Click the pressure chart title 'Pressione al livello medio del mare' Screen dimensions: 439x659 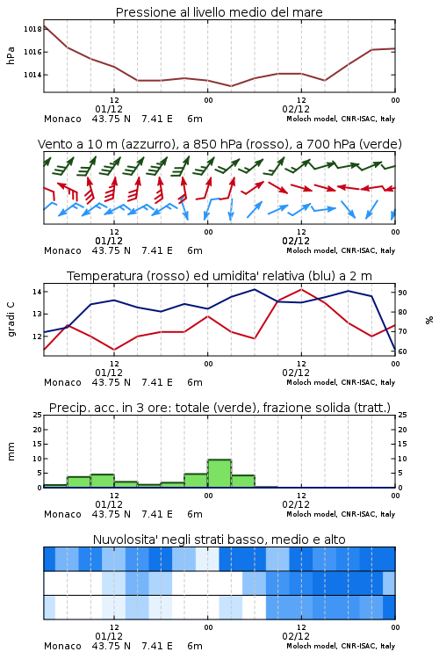(219, 12)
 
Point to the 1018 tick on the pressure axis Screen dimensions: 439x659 (32, 29)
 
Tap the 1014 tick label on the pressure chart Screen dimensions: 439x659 (32, 75)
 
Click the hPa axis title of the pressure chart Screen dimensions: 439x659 (11, 55)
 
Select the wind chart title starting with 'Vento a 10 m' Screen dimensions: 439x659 (219, 144)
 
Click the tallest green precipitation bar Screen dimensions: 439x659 (219, 474)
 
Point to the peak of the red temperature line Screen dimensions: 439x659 (301, 289)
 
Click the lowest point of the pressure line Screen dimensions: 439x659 (231, 86)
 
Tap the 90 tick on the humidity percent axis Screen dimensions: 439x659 (402, 293)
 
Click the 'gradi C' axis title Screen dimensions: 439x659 (11, 319)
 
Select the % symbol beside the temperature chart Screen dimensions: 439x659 (429, 320)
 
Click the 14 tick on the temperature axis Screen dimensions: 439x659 (37, 292)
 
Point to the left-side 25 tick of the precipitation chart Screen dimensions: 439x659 (38, 415)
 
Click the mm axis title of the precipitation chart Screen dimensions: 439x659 (11, 452)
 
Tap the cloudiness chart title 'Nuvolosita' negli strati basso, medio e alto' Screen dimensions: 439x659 (219, 540)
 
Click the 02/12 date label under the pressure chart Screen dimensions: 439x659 (296, 109)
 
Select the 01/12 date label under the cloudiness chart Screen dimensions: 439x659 (109, 636)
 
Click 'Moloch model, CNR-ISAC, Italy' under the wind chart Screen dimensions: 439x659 (341, 250)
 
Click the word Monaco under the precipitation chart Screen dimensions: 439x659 (62, 514)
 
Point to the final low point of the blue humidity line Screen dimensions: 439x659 (395, 351)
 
